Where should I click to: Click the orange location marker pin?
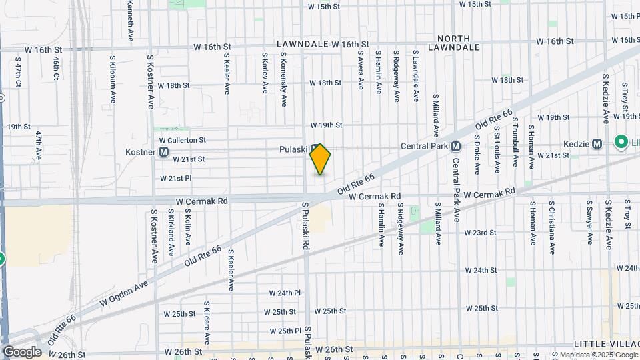tap(320, 159)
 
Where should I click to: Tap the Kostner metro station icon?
tap(163, 152)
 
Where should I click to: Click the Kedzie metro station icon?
tap(597, 143)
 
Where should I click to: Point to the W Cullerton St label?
tap(182, 141)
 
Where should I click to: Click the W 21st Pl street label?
tap(176, 179)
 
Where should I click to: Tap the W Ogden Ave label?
tap(123, 293)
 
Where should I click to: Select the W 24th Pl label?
tap(285, 293)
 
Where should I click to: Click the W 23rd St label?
tap(480, 233)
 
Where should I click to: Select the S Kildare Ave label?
tap(207, 322)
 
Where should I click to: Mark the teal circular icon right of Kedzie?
tap(621, 141)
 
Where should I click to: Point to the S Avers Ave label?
tap(361, 71)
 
